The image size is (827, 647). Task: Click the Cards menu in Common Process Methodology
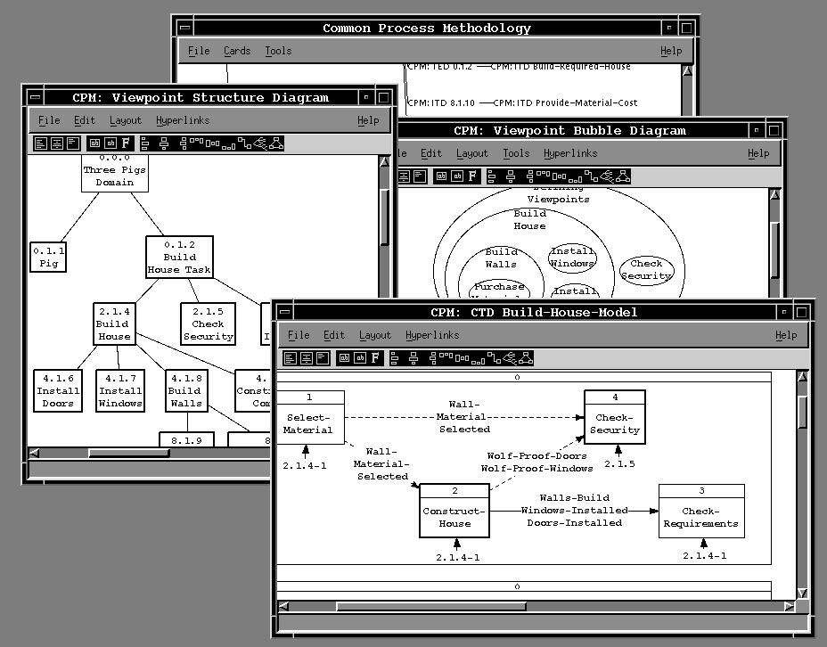(237, 51)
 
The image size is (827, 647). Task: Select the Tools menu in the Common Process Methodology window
(278, 51)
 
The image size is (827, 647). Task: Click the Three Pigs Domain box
(115, 171)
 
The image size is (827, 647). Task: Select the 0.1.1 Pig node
(49, 258)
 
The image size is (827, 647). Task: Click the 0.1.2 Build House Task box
(178, 257)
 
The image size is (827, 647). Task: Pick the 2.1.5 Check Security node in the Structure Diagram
(209, 324)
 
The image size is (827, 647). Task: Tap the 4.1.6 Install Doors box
(58, 391)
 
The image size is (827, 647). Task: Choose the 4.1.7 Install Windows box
(120, 391)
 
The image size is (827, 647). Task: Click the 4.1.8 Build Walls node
(184, 391)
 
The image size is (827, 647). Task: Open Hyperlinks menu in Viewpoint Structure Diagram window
(183, 120)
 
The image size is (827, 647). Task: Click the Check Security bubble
(646, 270)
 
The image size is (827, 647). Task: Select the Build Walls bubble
(501, 258)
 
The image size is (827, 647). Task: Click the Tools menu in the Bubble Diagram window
(516, 153)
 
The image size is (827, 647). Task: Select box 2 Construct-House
(454, 512)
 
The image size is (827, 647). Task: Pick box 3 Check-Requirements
(701, 512)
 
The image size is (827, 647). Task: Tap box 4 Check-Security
(615, 418)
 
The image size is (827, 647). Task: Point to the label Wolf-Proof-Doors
(536, 455)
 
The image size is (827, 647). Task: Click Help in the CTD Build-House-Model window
(786, 335)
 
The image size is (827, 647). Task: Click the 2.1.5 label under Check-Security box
(618, 464)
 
